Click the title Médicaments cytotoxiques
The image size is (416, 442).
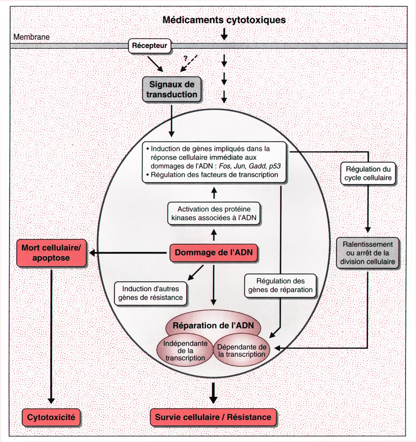[x=224, y=20]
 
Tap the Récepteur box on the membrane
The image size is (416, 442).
[x=149, y=46]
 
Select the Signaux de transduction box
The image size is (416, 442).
[x=172, y=89]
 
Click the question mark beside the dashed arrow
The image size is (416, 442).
[x=185, y=58]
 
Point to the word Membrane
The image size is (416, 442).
[x=31, y=37]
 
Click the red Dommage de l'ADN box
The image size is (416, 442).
[x=213, y=253]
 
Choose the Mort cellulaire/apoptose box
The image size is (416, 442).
[x=51, y=253]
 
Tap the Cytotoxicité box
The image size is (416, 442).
[x=51, y=417]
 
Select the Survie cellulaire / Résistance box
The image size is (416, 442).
[x=213, y=417]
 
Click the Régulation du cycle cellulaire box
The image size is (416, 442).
[x=368, y=173]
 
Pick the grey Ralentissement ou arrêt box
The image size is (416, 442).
[x=367, y=253]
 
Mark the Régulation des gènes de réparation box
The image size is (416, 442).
[x=280, y=285]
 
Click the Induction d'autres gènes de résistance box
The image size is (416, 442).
[x=151, y=293]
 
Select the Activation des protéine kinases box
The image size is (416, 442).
[x=214, y=213]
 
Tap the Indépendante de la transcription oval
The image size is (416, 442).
[x=185, y=351]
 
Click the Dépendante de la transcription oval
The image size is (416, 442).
[x=242, y=351]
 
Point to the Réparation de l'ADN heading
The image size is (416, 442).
[x=213, y=326]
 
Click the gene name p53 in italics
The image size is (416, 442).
[x=275, y=166]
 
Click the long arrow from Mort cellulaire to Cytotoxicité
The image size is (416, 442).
[x=51, y=335]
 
